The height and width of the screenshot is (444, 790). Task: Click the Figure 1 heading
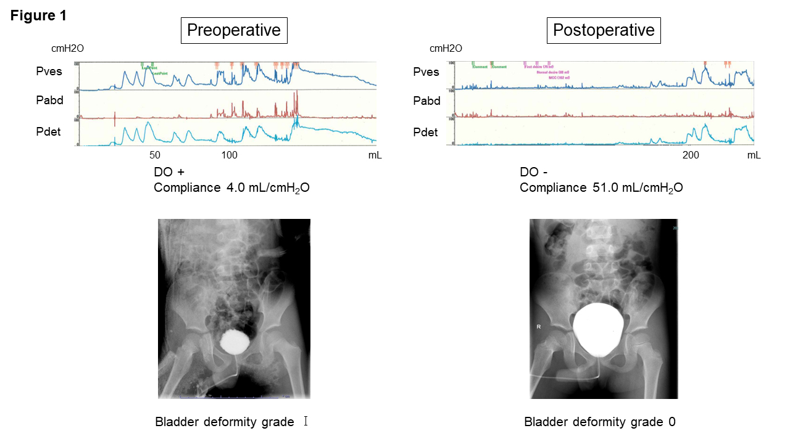[38, 16]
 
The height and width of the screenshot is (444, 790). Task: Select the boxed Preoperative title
[233, 30]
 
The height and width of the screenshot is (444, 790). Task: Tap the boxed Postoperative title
[604, 30]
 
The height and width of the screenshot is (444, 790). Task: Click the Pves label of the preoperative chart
[49, 72]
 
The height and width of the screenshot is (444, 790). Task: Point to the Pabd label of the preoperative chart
[49, 101]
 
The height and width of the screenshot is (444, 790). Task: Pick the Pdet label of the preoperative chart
[48, 131]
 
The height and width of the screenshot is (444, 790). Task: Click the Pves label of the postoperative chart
[426, 72]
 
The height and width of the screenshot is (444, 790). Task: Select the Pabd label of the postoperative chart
[426, 101]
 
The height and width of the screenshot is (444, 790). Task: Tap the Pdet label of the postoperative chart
[425, 132]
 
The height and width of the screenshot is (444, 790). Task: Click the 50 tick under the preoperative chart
[154, 155]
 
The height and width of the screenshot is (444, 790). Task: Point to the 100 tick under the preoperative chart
[230, 155]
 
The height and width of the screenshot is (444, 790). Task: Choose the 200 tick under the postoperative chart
[691, 155]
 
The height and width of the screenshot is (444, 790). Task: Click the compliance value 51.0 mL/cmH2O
[635, 187]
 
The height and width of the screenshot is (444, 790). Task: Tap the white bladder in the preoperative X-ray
[234, 342]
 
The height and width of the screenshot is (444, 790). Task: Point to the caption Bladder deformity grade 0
[600, 422]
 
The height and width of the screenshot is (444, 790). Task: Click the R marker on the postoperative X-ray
[539, 327]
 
